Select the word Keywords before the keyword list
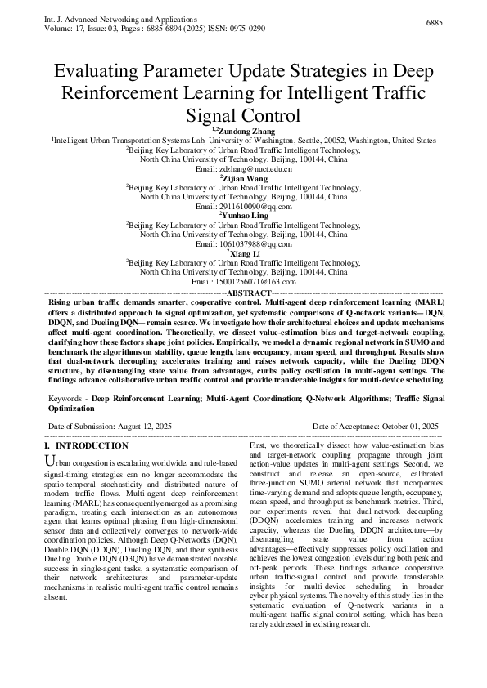click(66, 398)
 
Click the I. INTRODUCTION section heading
click(86, 446)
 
